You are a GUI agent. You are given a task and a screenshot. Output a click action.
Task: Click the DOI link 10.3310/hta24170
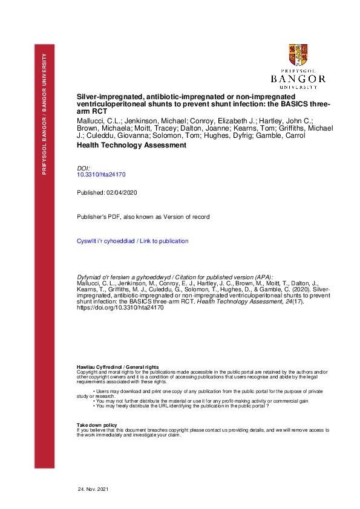click(x=101, y=174)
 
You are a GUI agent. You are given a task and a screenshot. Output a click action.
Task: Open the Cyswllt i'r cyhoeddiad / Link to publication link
click(x=133, y=241)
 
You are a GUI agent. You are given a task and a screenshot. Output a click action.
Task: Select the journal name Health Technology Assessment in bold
click(x=131, y=145)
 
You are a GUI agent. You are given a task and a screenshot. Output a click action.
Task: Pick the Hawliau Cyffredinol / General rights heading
click(x=117, y=367)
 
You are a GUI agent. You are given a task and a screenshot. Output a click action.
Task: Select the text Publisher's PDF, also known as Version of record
click(x=143, y=216)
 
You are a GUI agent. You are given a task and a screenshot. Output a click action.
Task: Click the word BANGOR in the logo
click(x=298, y=79)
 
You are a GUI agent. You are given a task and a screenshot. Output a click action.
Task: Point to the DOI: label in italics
click(x=83, y=167)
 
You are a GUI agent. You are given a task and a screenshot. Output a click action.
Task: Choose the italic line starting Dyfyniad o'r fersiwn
click(x=175, y=275)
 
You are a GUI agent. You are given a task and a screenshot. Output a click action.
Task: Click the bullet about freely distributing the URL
click(x=182, y=406)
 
